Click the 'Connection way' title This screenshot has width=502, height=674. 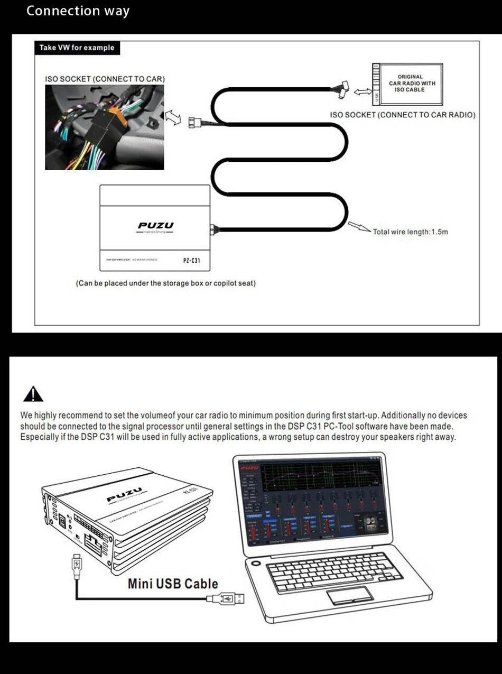[78, 11]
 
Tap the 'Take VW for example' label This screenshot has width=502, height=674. [77, 48]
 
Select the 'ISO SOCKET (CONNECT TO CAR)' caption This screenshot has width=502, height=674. [105, 79]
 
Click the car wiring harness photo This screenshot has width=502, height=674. [104, 127]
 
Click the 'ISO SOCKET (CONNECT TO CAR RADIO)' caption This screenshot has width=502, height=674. [402, 115]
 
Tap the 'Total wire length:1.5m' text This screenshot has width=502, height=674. [410, 232]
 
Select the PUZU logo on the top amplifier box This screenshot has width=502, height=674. [155, 226]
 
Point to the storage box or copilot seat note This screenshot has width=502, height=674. [165, 283]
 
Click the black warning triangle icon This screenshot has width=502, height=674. [33, 394]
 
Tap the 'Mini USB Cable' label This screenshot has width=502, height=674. [173, 584]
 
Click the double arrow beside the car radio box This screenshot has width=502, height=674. [362, 92]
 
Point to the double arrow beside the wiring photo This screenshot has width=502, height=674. [173, 116]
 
